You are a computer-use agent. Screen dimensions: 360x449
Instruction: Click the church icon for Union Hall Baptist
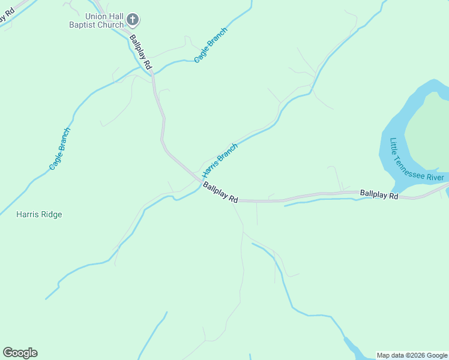133,20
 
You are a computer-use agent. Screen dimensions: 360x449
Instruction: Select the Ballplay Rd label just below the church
140,52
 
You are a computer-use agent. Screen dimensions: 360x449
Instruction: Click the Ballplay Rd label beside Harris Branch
220,193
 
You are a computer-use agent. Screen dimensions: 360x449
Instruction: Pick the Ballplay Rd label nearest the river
379,194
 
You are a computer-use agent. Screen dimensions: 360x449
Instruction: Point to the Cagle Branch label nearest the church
210,45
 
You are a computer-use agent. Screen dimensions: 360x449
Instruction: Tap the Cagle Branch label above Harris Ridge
60,148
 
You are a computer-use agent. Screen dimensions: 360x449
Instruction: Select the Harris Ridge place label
39,214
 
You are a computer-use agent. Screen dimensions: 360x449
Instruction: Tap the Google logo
20,353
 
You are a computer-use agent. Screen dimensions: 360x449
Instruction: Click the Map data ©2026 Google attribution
412,355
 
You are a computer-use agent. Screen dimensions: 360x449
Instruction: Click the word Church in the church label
110,25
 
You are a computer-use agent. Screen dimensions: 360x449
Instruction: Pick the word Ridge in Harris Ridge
51,214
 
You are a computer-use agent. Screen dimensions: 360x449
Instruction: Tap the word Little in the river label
393,146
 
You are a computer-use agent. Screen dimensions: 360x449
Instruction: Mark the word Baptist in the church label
82,25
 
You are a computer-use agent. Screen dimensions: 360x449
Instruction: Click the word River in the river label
435,178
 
